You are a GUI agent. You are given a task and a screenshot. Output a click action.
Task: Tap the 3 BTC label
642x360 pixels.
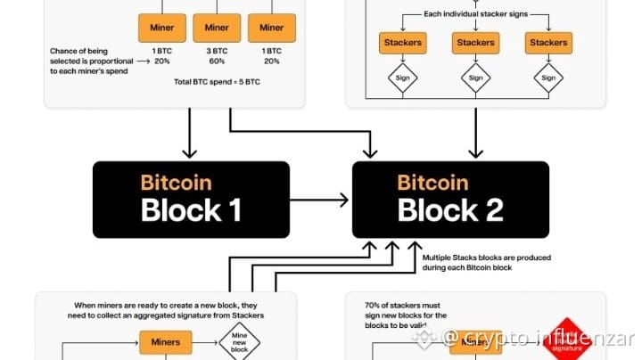217,52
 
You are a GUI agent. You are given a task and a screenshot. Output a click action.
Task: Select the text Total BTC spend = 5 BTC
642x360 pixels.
217,82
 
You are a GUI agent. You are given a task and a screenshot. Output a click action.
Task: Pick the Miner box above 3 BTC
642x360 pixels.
217,28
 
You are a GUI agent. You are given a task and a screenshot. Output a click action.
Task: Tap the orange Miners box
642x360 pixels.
167,342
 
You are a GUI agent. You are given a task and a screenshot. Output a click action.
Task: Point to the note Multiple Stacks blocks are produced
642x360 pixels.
486,263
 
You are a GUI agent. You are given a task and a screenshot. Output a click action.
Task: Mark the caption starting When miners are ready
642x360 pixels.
169,311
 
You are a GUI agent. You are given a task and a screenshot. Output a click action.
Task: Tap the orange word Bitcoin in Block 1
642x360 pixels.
176,183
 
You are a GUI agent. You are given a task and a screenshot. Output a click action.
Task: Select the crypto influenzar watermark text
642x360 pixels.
539,339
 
